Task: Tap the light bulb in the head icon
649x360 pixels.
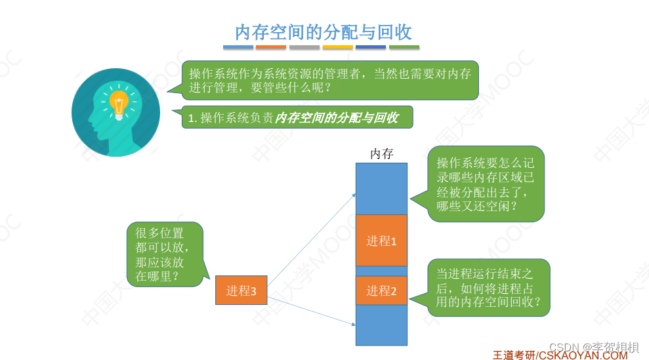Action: coord(119,106)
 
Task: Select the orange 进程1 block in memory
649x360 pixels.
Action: coord(381,241)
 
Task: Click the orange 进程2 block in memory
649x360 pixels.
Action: coord(381,290)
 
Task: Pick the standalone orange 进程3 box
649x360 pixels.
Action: coord(241,290)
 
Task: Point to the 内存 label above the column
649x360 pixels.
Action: coord(381,153)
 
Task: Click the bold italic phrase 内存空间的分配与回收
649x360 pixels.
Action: coord(337,118)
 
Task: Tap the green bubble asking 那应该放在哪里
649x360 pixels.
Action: coord(165,254)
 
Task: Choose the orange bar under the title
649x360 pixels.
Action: coord(271,47)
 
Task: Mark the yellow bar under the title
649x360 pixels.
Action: coord(337,47)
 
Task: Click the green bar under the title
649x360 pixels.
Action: coord(404,47)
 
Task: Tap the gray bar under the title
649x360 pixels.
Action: coord(304,47)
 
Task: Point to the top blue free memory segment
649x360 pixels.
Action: coord(381,189)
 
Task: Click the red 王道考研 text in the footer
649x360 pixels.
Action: coord(514,355)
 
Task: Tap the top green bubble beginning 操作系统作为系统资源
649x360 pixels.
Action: coord(330,80)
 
